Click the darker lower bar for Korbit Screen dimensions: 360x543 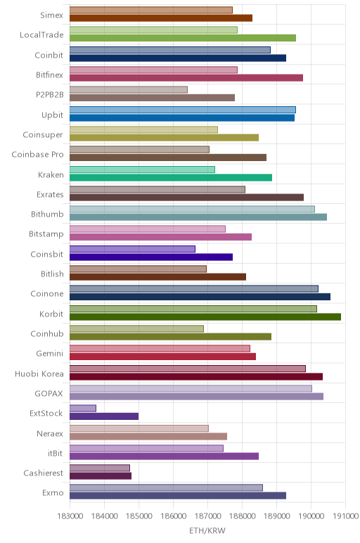(205, 317)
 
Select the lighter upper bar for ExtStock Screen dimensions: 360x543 (83, 408)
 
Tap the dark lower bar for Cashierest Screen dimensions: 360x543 (101, 476)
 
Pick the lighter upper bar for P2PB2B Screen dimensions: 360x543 (129, 90)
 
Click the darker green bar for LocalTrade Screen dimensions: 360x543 (183, 38)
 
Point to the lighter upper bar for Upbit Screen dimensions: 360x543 (183, 110)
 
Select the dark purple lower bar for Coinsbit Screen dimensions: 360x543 (151, 257)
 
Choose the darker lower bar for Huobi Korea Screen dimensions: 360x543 (196, 377)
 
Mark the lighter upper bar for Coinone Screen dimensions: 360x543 (194, 289)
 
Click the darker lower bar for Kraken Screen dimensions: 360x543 (171, 178)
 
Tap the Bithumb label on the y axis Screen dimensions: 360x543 (47, 214)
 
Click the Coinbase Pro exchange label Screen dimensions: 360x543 (38, 155)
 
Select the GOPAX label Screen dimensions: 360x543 (49, 393)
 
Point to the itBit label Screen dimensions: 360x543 (56, 453)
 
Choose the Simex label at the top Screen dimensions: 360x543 (51, 15)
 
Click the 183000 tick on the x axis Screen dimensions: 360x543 (70, 516)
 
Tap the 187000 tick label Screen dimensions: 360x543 (208, 516)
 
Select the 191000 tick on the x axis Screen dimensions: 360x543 (345, 516)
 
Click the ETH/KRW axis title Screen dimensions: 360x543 (207, 530)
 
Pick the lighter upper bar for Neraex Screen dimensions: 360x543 (139, 428)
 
